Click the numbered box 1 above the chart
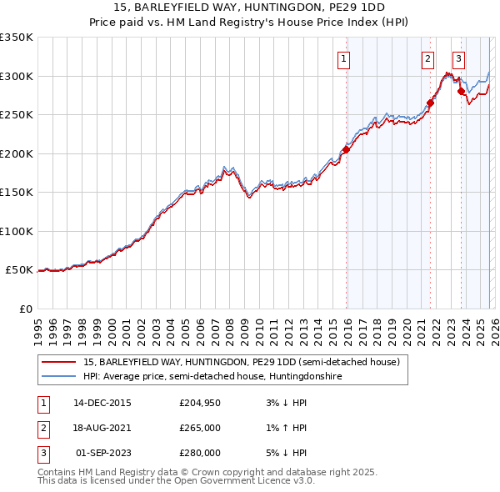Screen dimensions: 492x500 coord(344,58)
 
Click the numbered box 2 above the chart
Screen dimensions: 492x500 coord(427,58)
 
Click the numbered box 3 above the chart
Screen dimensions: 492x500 coord(458,58)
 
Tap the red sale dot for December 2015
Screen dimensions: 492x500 coord(345,150)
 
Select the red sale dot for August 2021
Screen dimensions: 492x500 coord(430,103)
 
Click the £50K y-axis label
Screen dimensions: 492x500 coord(19,270)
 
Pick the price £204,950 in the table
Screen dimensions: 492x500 coord(200,403)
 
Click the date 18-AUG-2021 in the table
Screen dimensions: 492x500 coord(102,428)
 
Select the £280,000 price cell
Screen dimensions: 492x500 coord(200,453)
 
